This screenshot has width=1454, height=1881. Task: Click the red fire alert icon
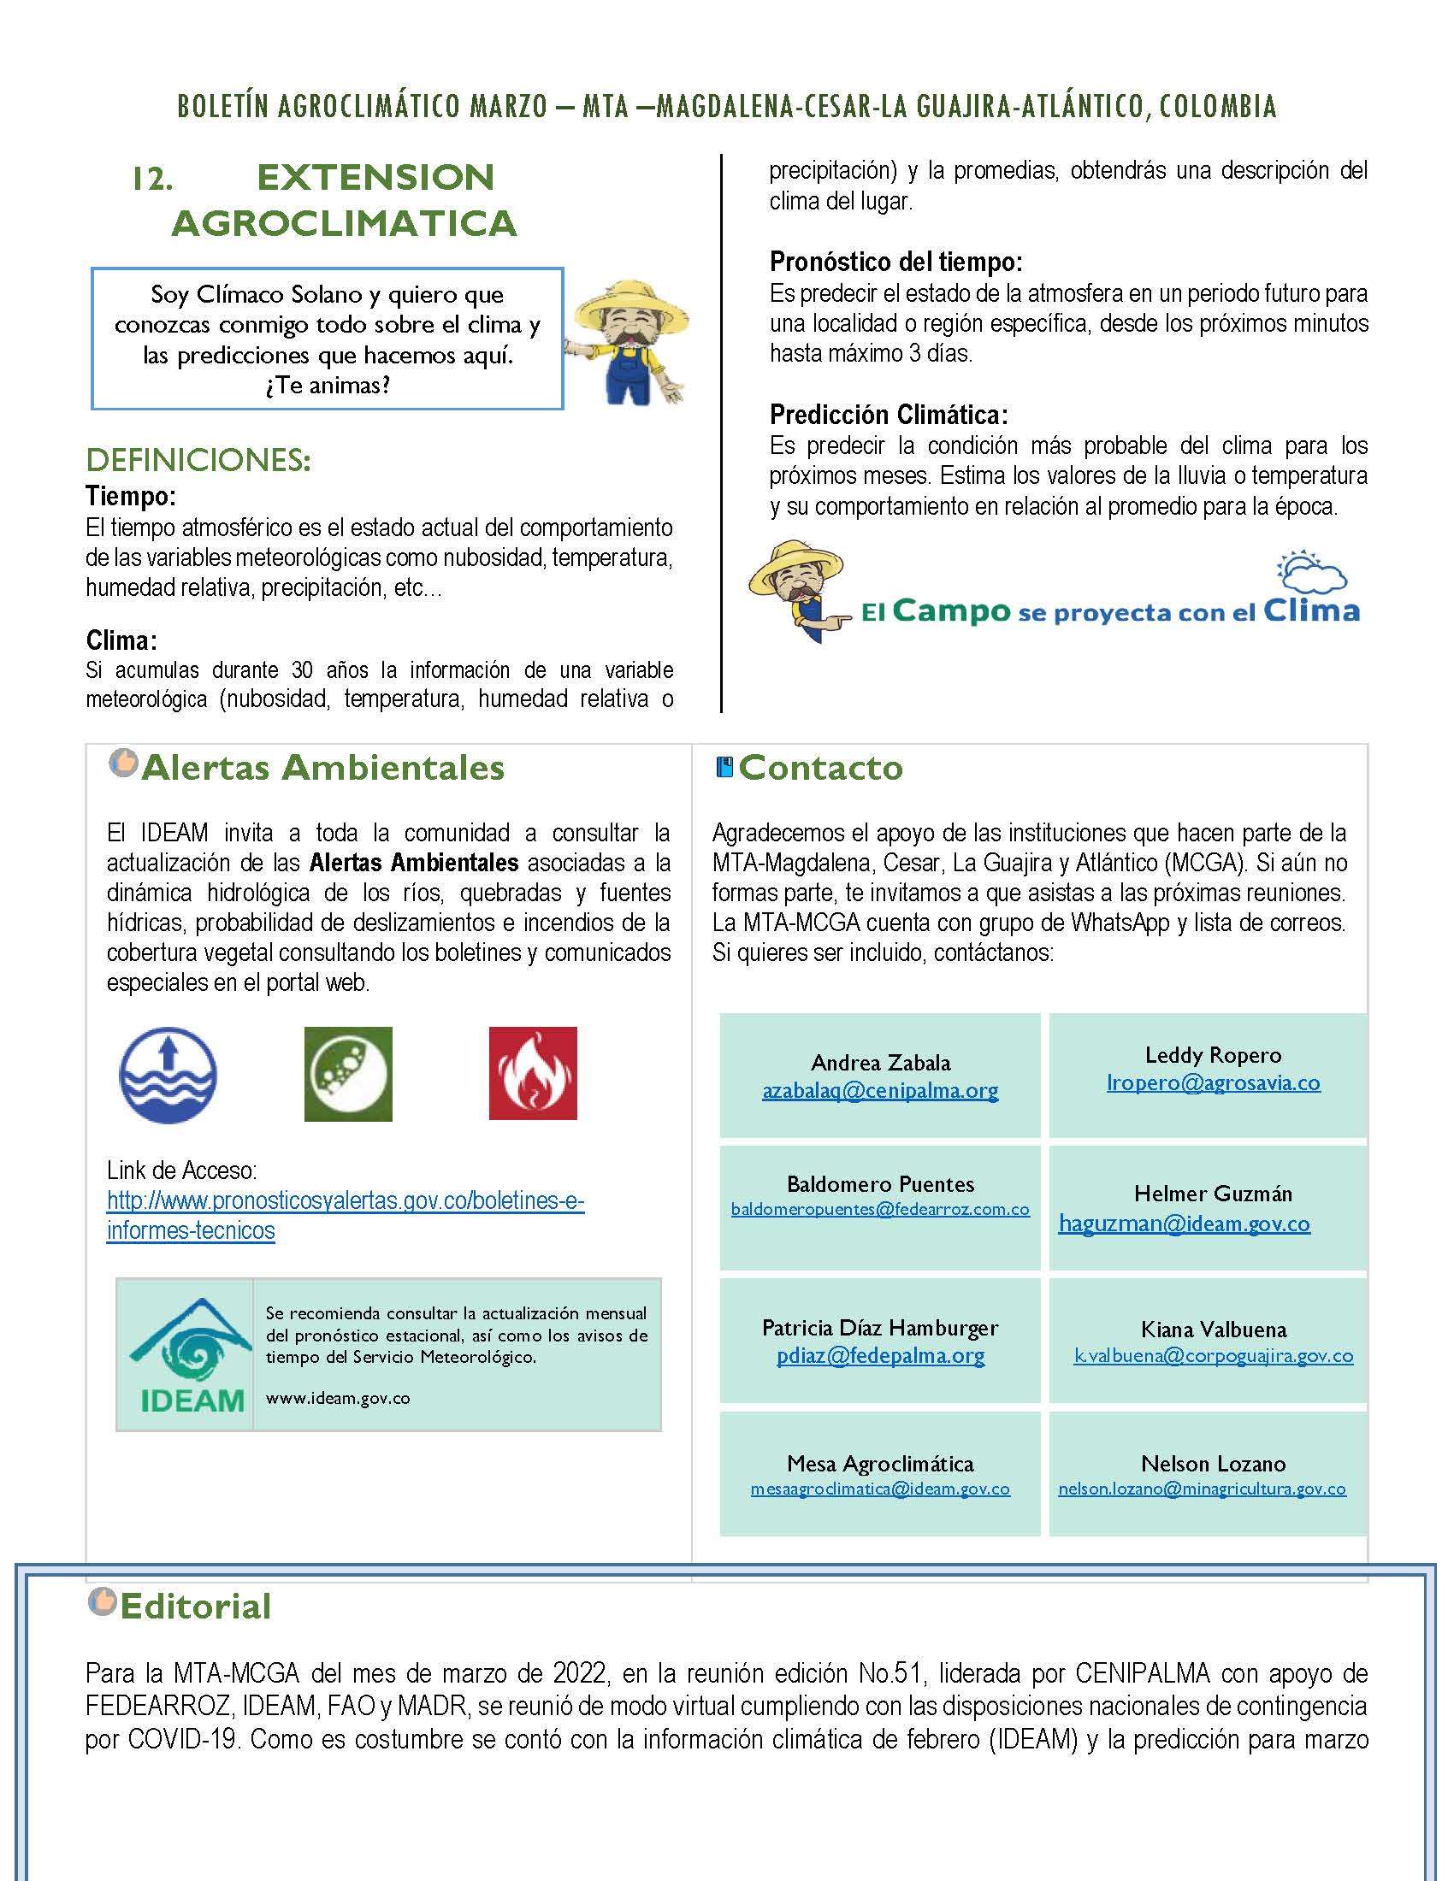(x=532, y=1073)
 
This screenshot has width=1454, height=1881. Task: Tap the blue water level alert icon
(x=168, y=1074)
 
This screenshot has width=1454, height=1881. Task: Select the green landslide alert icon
(x=348, y=1073)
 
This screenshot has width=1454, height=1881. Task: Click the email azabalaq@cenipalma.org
(x=879, y=1090)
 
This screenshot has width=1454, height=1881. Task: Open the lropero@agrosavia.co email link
(x=1213, y=1082)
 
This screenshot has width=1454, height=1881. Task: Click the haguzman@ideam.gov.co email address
(x=1185, y=1223)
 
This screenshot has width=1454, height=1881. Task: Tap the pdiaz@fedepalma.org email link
(x=880, y=1355)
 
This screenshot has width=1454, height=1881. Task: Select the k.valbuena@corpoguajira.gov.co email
(x=1213, y=1356)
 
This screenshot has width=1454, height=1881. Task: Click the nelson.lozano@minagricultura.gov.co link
(x=1202, y=1489)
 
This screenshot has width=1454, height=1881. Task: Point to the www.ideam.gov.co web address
(x=338, y=1398)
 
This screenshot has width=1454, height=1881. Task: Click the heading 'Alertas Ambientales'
(x=322, y=768)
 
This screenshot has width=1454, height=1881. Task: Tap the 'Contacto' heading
(x=820, y=768)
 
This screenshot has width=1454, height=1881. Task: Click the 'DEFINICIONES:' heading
(x=198, y=461)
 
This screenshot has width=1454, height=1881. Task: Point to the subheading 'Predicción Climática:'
(x=888, y=416)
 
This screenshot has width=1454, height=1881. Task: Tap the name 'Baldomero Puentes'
(x=880, y=1183)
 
